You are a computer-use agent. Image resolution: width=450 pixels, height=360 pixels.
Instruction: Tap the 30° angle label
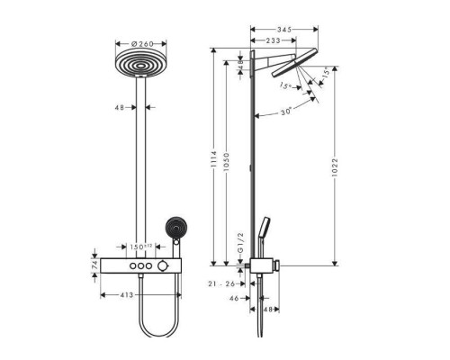click(x=284, y=112)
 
